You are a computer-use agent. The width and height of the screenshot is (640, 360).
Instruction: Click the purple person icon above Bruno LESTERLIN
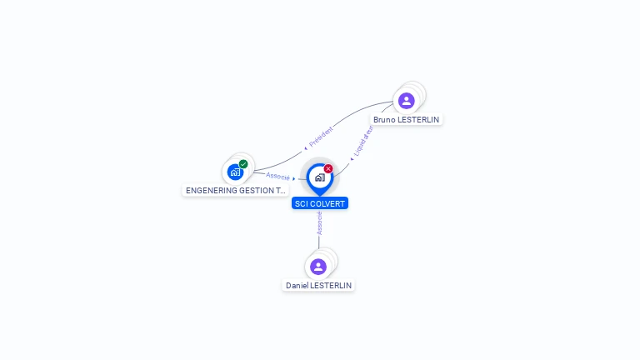click(x=406, y=101)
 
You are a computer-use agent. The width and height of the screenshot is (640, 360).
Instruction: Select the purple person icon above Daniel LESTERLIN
click(x=318, y=267)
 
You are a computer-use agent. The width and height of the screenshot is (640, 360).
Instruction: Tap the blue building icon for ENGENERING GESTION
click(x=236, y=172)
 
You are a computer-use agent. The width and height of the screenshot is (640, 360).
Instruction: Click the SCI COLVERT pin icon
click(x=319, y=177)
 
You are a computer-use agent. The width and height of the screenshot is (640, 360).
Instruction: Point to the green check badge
click(x=243, y=164)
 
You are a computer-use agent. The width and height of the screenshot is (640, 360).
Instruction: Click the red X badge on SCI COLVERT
click(x=328, y=168)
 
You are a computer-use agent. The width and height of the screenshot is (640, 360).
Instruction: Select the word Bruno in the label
click(x=384, y=120)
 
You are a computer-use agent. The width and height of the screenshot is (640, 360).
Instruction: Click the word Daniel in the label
click(x=297, y=286)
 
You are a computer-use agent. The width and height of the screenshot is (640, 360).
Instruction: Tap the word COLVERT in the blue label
click(x=327, y=203)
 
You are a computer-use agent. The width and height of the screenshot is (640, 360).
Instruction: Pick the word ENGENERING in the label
click(x=212, y=191)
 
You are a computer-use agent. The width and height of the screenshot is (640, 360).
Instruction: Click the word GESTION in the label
click(x=257, y=191)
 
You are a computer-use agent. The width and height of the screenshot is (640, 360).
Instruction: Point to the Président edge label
click(x=321, y=137)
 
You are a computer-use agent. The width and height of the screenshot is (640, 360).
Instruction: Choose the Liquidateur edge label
click(x=363, y=141)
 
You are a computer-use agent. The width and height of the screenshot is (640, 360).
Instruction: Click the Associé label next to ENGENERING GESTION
click(x=277, y=177)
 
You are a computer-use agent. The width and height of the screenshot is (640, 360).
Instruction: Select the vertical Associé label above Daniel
click(x=319, y=222)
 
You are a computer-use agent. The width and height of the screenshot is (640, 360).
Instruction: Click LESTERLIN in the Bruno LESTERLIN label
click(x=418, y=120)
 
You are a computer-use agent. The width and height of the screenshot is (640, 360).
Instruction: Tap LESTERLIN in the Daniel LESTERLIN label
click(x=332, y=286)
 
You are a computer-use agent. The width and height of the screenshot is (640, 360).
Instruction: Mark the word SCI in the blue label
click(x=301, y=203)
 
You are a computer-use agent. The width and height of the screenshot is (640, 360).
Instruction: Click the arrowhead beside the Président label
click(x=306, y=147)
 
